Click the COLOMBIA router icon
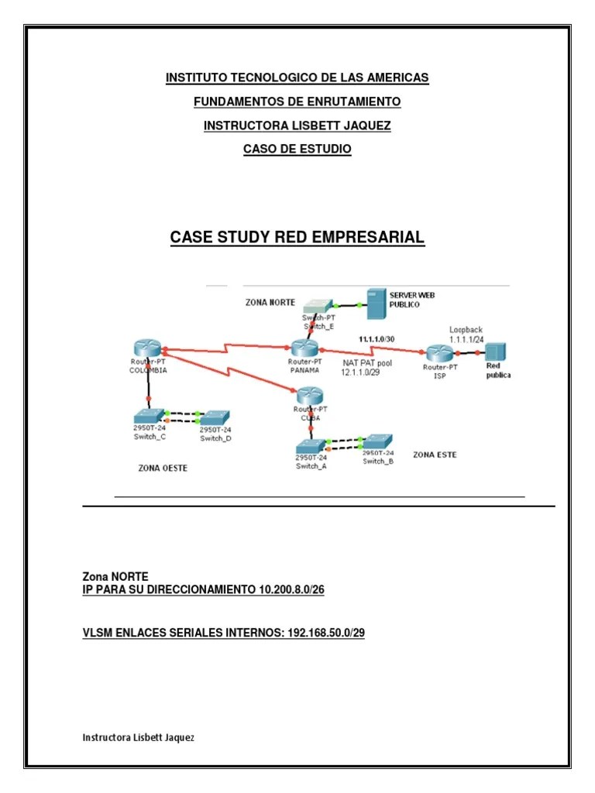(x=148, y=349)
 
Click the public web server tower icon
(x=376, y=304)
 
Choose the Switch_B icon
(x=378, y=441)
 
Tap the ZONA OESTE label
(x=163, y=468)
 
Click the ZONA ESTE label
(x=435, y=455)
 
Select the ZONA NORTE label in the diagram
(x=270, y=302)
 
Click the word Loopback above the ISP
(x=466, y=329)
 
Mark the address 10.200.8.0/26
(x=292, y=590)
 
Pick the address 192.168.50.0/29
(x=326, y=633)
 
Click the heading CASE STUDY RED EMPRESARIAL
(x=297, y=238)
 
